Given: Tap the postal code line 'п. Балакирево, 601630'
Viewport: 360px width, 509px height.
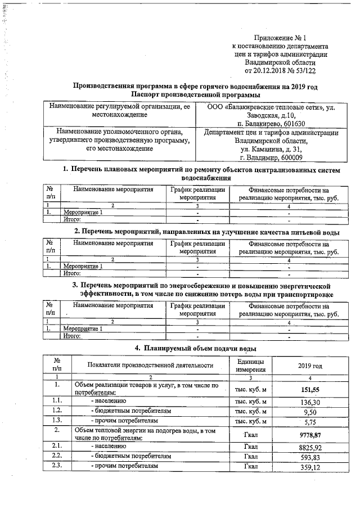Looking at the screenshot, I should click(x=271, y=123).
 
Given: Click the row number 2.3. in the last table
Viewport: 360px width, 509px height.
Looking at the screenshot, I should click(x=56, y=466).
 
